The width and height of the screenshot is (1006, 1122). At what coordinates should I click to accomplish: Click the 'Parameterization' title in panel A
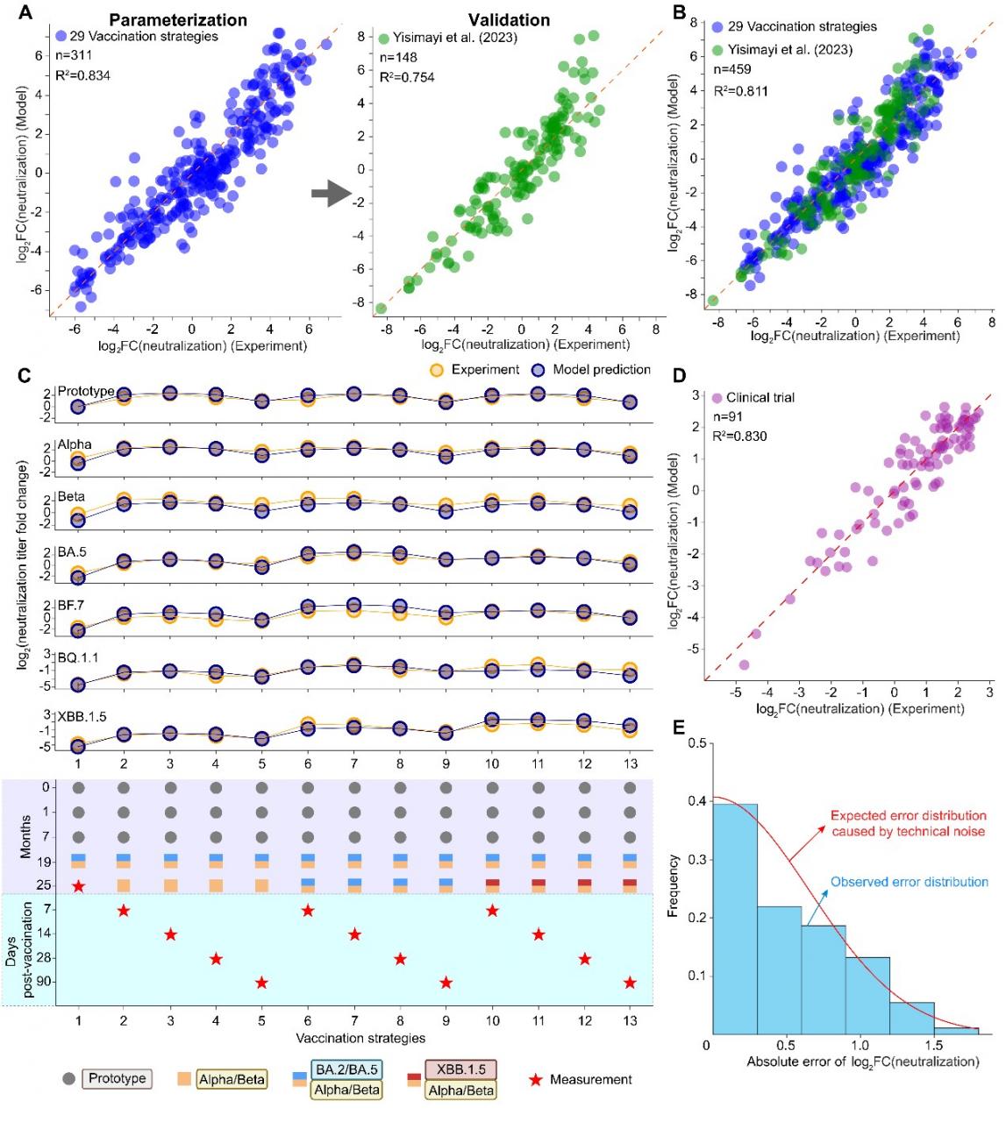tap(178, 20)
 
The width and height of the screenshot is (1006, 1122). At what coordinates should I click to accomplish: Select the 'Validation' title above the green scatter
tap(509, 20)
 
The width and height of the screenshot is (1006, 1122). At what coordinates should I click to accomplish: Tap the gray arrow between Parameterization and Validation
tap(332, 193)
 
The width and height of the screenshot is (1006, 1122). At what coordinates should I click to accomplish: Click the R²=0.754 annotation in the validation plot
tap(407, 77)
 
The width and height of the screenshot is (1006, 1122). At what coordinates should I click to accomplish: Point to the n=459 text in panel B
tap(732, 70)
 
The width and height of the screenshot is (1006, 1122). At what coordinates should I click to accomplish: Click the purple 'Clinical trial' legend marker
tap(717, 398)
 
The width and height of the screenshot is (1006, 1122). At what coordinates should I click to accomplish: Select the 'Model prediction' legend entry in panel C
tap(591, 370)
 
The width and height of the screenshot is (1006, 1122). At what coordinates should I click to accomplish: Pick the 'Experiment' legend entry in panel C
tap(475, 370)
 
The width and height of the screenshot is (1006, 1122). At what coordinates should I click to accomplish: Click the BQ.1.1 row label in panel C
tap(78, 657)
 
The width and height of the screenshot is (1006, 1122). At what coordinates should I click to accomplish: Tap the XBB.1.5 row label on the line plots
tap(82, 717)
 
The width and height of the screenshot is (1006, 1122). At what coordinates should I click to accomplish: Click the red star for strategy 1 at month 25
tap(79, 886)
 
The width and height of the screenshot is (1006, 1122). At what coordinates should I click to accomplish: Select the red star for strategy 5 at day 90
tap(261, 983)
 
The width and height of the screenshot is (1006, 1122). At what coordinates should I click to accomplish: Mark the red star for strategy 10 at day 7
tap(492, 910)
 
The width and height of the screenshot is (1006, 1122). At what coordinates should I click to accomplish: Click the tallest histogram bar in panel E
tap(735, 919)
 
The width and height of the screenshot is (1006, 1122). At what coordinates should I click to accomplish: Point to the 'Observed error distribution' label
tap(909, 882)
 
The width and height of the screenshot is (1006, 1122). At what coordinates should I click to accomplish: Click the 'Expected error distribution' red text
tap(909, 823)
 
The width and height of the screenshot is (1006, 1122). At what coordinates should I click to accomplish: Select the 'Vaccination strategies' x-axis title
tap(360, 1038)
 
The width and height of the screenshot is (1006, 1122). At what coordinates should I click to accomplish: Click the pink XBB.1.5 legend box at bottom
tap(460, 1069)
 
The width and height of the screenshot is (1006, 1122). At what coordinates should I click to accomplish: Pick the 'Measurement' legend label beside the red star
tap(591, 1079)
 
